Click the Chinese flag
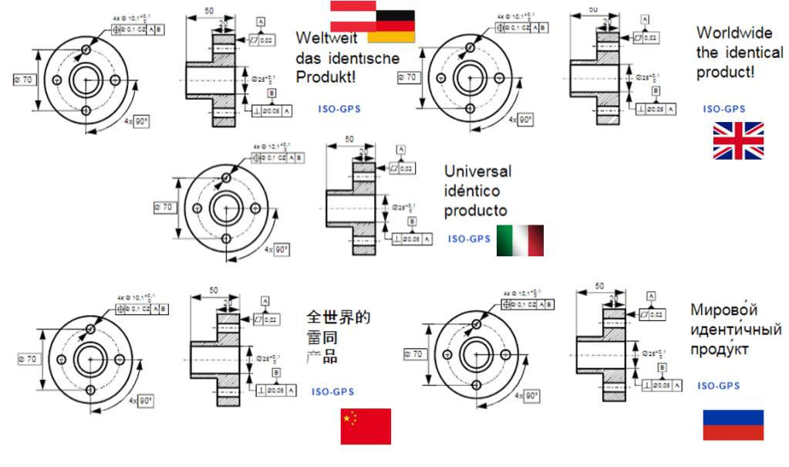pos(366,426)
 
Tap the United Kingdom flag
pos(738,140)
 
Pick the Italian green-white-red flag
pos(521,240)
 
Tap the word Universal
pos(477,171)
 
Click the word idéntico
pos(472,190)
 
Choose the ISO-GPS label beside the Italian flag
pos(469,239)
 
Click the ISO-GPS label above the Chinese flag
pos(333,391)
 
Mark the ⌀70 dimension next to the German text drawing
pos(25,79)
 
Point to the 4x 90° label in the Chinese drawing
pos(142,400)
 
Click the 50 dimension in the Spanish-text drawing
pos(349,139)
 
